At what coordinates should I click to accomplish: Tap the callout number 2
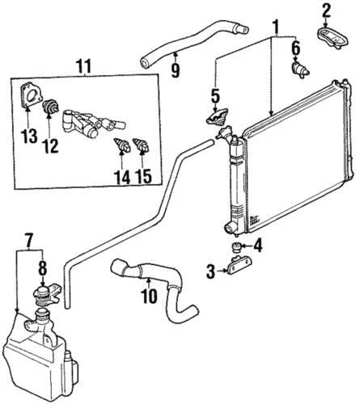(x=326, y=11)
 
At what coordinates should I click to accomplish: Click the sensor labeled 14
(x=124, y=148)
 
